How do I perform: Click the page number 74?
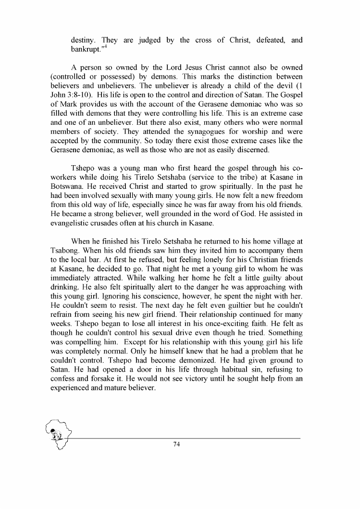[x=176, y=444]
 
